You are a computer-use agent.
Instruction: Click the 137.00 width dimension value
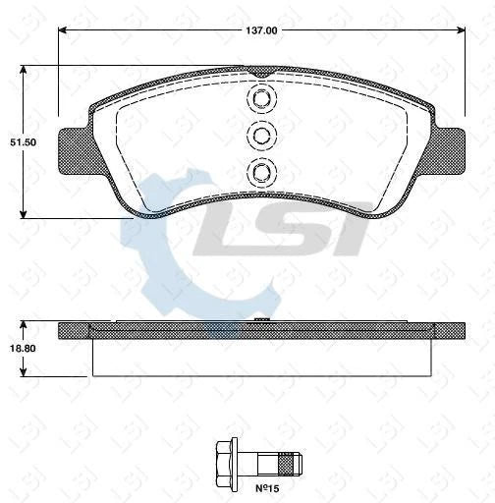tap(261, 31)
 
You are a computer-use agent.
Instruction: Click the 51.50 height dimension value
tap(23, 141)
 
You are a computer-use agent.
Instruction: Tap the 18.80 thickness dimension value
tap(23, 347)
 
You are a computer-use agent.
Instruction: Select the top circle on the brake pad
tap(260, 99)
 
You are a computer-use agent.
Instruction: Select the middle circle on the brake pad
tap(260, 136)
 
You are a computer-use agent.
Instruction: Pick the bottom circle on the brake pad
tap(260, 172)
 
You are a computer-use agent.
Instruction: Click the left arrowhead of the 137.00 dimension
tap(63, 31)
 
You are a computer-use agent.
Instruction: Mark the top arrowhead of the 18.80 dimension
tap(23, 324)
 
